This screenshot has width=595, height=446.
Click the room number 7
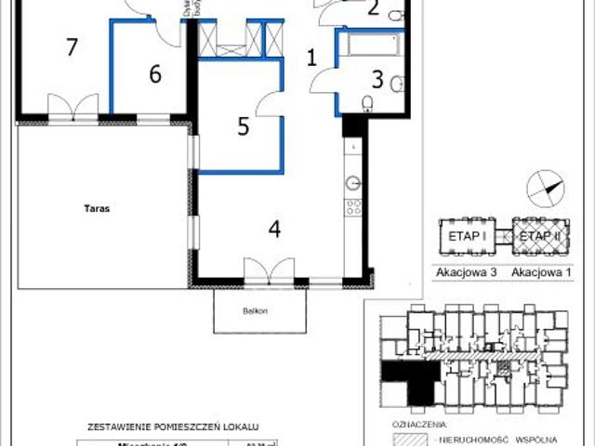[x=71, y=46]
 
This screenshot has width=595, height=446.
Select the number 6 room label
[x=154, y=73]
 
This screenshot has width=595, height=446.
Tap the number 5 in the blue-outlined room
[x=243, y=126]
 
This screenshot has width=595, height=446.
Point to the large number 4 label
[x=274, y=228]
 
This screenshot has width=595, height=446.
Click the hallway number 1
[x=312, y=58]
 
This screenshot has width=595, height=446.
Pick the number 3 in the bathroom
[x=377, y=79]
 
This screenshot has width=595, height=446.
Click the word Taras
[x=96, y=209]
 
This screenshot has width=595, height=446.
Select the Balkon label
[x=258, y=310]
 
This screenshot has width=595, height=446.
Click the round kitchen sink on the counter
[x=353, y=182]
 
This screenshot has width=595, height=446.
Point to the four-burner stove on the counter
[x=353, y=208]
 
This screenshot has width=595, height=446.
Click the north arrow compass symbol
[x=546, y=189]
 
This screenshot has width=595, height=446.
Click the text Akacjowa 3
[x=464, y=273]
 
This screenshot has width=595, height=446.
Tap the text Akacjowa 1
[x=541, y=273]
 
